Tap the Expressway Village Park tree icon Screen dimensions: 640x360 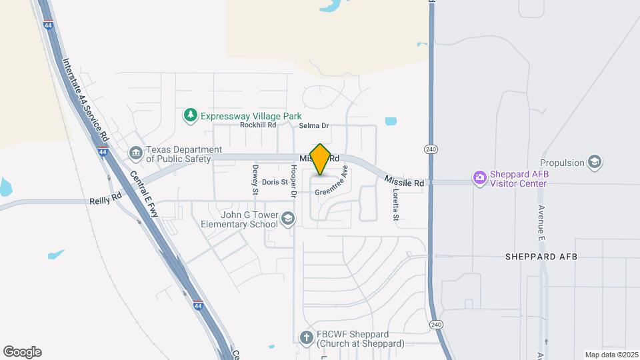point(191,115)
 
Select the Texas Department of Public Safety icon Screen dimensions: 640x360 point(136,154)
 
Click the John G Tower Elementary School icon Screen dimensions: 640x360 point(288,219)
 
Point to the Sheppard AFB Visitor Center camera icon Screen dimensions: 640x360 point(479,177)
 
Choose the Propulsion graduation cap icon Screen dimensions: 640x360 point(595,162)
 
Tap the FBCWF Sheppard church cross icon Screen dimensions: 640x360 point(306,337)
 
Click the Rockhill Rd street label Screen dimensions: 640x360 point(258,125)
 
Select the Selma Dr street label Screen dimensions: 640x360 point(314,125)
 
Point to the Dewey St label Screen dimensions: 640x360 point(255,180)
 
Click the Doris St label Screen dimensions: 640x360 point(275,182)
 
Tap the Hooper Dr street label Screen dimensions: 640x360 point(292,181)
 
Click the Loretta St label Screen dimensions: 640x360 point(395,205)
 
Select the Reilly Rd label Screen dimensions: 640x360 point(106,198)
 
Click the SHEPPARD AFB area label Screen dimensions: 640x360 point(541,257)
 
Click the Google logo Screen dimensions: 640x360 point(22,352)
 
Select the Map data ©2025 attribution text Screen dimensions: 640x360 point(610,355)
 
